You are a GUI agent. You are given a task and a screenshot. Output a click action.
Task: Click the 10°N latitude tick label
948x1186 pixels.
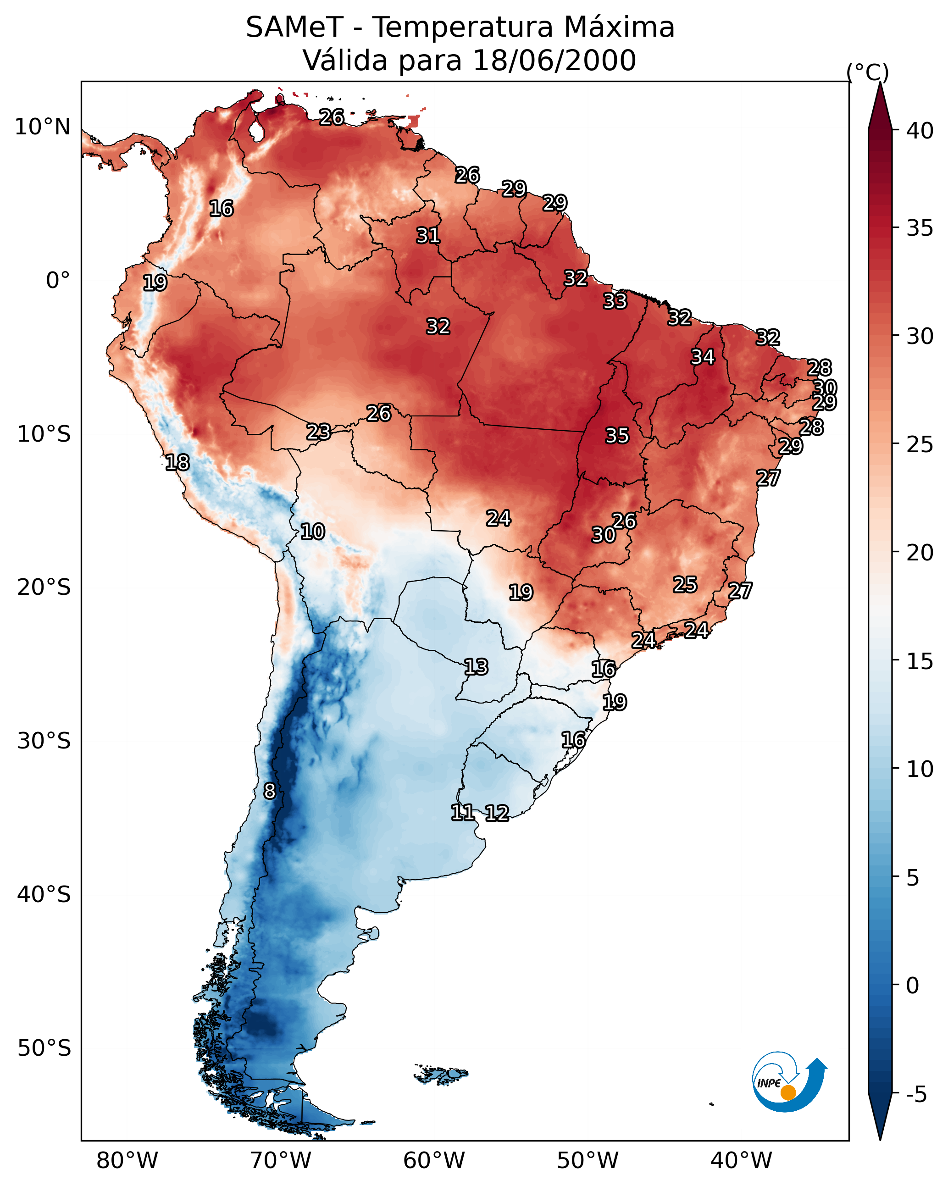coord(42,127)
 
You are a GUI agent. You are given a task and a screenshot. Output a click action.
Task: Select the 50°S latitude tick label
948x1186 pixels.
coord(44,1048)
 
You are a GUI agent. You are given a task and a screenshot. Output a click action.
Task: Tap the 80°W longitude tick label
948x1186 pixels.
coord(127,1160)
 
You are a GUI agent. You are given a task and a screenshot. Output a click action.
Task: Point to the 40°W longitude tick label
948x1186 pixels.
coord(741,1160)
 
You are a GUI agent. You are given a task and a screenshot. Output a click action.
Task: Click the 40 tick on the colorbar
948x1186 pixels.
coord(920,131)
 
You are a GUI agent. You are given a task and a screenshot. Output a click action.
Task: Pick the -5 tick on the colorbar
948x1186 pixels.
coord(916,1094)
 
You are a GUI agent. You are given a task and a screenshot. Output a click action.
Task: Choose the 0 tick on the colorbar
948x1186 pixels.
coord(912,985)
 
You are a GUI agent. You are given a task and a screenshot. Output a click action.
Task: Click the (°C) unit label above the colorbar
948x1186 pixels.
coord(867,72)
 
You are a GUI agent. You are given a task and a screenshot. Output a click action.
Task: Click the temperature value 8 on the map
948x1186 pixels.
coord(269,791)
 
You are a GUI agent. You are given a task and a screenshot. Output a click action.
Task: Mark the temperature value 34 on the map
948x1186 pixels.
coord(703,357)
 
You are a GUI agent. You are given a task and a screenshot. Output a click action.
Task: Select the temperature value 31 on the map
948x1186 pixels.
coord(427,235)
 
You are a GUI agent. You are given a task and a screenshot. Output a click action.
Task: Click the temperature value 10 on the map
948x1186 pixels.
coord(312,532)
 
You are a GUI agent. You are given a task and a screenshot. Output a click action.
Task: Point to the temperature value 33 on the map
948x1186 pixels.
coord(615,301)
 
